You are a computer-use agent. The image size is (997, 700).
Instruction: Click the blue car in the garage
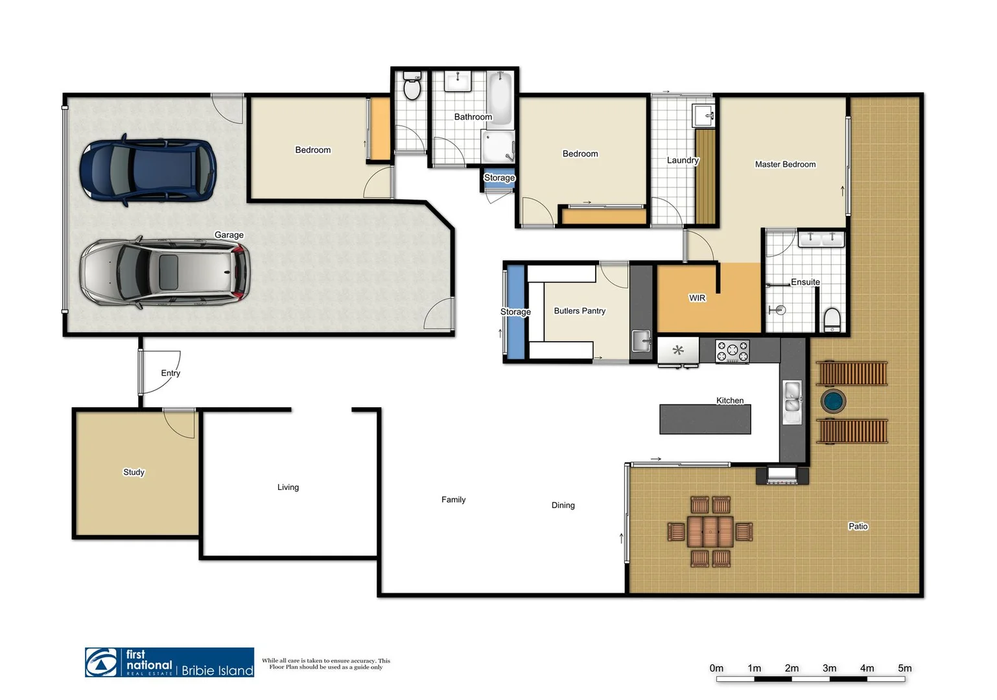coord(148,170)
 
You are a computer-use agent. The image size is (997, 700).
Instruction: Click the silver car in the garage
coord(165,272)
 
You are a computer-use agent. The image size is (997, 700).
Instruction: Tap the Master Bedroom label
coord(785,165)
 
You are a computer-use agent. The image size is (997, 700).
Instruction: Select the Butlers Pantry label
coord(579,311)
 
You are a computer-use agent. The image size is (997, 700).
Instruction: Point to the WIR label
coord(697,298)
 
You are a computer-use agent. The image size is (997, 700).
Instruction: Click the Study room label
coord(134,472)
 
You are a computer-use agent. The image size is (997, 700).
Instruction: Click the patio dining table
coord(710,531)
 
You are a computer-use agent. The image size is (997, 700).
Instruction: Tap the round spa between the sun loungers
coord(833,401)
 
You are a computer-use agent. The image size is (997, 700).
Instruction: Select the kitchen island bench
coord(705,419)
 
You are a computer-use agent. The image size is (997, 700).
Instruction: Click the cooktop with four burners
coord(732,351)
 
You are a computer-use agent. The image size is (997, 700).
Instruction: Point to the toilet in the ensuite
coord(832,320)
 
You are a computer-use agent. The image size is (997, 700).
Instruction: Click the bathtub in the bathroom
coord(500,99)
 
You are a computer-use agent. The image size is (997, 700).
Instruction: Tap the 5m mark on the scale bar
coord(904,668)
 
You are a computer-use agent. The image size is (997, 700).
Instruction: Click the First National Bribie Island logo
coord(169,662)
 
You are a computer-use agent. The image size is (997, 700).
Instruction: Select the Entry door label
coord(170,373)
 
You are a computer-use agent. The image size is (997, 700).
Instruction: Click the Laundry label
coord(683,160)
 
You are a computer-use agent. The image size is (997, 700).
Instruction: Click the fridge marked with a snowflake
coord(678,351)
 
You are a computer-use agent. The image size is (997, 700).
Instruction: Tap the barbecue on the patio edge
coord(782,475)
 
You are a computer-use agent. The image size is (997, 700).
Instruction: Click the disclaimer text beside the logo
coord(326,664)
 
